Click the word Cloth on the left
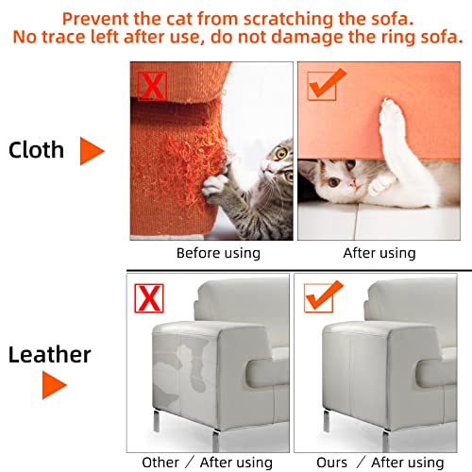click(36, 150)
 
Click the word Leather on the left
click(50, 355)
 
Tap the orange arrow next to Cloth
click(91, 151)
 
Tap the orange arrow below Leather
click(53, 385)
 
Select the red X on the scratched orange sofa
click(152, 86)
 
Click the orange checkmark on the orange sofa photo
click(326, 85)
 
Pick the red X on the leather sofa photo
click(149, 298)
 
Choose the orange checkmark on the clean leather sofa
click(323, 296)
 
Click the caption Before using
click(218, 253)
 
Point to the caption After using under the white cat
click(379, 253)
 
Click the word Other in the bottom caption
click(160, 463)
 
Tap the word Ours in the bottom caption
click(331, 463)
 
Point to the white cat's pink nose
click(352, 182)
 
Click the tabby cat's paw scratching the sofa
click(214, 186)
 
